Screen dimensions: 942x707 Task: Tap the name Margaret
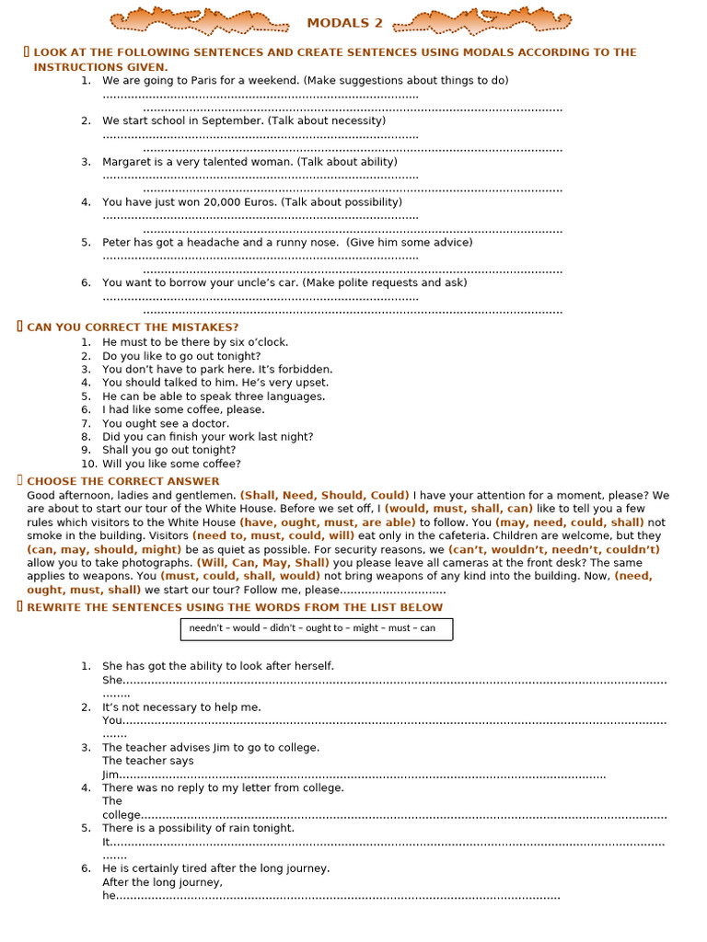[x=128, y=162]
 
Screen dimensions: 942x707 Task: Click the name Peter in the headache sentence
[x=117, y=243]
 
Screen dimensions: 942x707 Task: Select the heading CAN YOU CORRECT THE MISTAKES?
[x=133, y=327]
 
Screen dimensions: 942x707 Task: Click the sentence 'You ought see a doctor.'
[x=166, y=424]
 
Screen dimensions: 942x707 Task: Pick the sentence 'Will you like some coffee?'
[x=171, y=465]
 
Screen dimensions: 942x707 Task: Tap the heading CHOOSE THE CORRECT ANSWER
[x=123, y=481]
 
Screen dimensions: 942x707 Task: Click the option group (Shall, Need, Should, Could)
[x=325, y=495]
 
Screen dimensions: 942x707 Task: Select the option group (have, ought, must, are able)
[x=328, y=523]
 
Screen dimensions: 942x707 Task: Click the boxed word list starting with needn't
[x=316, y=628]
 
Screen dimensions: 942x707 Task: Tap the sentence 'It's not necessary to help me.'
[x=181, y=707]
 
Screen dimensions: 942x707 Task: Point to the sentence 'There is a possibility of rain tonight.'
[x=198, y=829]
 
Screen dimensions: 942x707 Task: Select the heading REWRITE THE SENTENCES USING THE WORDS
[x=235, y=607]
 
